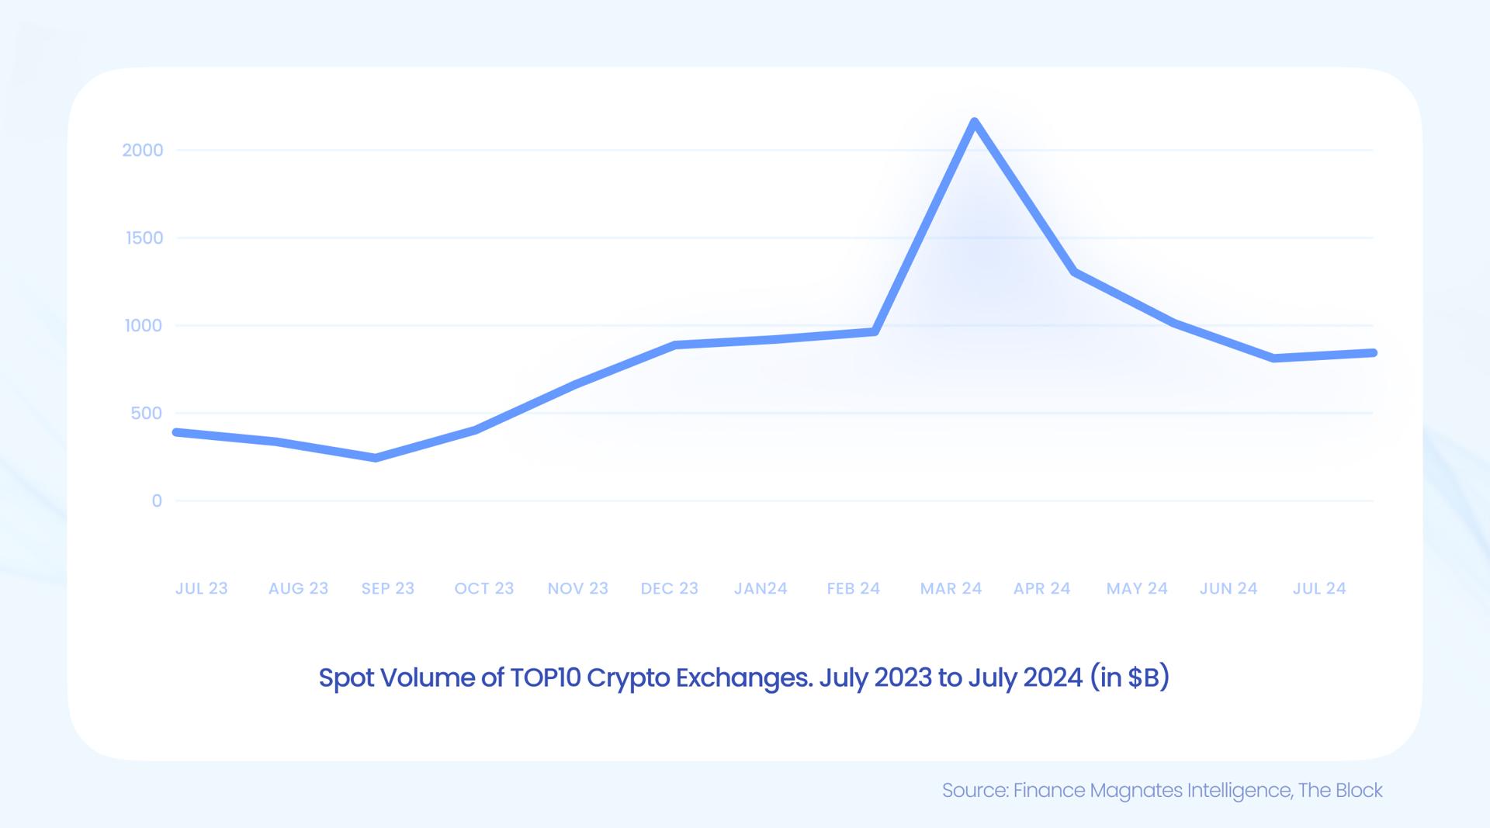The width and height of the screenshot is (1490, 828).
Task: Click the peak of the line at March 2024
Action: point(975,122)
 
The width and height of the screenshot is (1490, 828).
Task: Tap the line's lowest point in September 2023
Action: point(376,458)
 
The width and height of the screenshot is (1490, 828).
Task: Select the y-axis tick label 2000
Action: point(143,151)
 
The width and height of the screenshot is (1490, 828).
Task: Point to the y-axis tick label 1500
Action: point(144,238)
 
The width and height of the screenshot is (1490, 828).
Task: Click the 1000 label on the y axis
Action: point(144,326)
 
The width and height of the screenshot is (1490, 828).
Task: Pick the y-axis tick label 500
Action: point(147,414)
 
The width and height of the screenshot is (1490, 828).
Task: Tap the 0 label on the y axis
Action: point(157,501)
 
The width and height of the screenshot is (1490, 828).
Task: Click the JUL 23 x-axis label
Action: point(201,588)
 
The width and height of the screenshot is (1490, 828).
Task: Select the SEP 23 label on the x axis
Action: point(387,588)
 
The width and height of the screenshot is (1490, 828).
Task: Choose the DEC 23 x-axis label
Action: point(669,588)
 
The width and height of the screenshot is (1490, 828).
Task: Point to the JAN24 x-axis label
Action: point(761,588)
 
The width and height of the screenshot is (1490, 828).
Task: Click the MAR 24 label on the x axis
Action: point(951,588)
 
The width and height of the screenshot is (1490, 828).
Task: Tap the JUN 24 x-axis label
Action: point(1228,588)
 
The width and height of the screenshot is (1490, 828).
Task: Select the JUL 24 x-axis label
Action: point(1318,588)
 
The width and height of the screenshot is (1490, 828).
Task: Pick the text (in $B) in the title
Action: point(1129,677)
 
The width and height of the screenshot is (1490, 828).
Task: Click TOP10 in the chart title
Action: point(545,677)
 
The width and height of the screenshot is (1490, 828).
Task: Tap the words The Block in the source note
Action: point(1340,790)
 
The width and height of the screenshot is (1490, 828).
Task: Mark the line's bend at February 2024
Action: point(875,331)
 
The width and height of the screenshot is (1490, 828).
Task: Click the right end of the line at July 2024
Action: point(1373,353)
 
